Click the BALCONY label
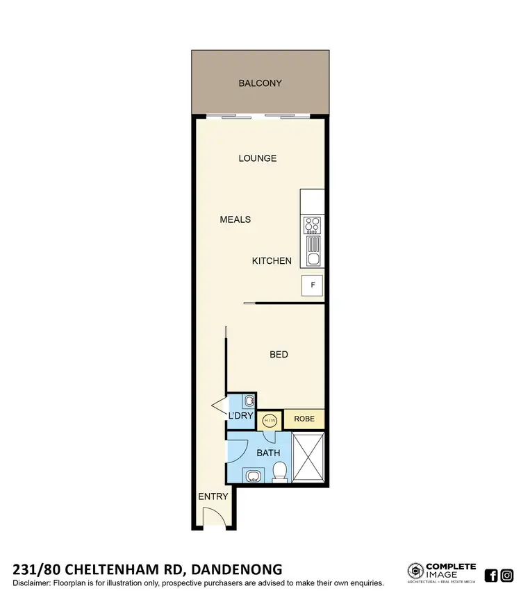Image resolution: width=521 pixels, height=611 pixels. tap(260, 83)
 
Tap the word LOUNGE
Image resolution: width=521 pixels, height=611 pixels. tap(258, 158)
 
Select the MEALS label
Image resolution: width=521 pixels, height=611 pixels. tap(235, 219)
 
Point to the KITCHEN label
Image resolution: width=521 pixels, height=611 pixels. tap(272, 261)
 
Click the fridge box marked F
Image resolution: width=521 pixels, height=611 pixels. tap(312, 285)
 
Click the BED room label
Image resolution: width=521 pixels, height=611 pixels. tap(279, 355)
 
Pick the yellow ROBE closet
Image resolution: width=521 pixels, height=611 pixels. tap(304, 419)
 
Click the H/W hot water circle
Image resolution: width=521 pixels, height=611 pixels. tap(270, 420)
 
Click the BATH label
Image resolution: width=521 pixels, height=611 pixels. tap(268, 453)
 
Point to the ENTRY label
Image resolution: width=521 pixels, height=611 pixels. tap(213, 496)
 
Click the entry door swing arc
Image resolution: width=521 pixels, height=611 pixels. tap(212, 517)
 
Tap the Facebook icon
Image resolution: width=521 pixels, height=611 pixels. tap(491, 575)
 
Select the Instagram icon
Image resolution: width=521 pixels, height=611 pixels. tap(507, 575)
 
